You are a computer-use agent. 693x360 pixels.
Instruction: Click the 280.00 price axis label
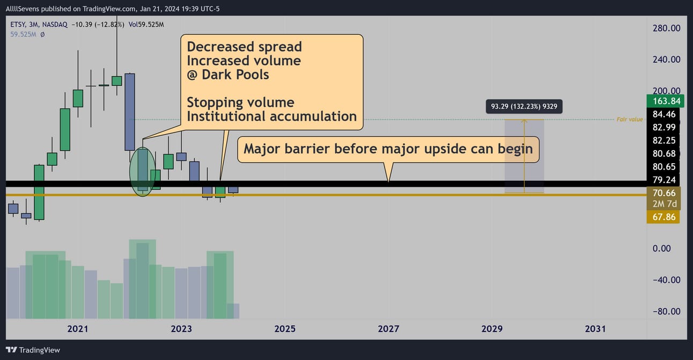point(666,28)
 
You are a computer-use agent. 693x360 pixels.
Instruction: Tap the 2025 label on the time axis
point(285,328)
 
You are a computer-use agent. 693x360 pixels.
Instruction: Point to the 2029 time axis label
point(492,328)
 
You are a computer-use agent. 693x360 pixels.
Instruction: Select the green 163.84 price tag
point(665,101)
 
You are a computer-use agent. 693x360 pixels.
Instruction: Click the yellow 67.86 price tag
point(663,217)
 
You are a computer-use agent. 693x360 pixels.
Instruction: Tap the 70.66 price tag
point(663,193)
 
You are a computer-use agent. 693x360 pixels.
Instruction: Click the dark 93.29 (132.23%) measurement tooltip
point(524,106)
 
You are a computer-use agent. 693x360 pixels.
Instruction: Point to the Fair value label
point(630,119)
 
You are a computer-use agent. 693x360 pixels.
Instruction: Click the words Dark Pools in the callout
point(235,75)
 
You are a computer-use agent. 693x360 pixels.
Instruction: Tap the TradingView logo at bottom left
point(33,350)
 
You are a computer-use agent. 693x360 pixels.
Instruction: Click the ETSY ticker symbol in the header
point(18,25)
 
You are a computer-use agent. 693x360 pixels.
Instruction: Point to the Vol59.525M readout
point(146,25)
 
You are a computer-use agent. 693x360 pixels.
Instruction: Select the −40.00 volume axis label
point(666,280)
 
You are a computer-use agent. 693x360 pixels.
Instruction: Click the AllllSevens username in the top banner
point(23,9)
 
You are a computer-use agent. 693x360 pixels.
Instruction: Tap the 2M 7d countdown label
point(664,204)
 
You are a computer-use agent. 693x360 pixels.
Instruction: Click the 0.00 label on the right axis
point(661,248)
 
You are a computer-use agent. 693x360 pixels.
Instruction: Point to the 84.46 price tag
point(664,114)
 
